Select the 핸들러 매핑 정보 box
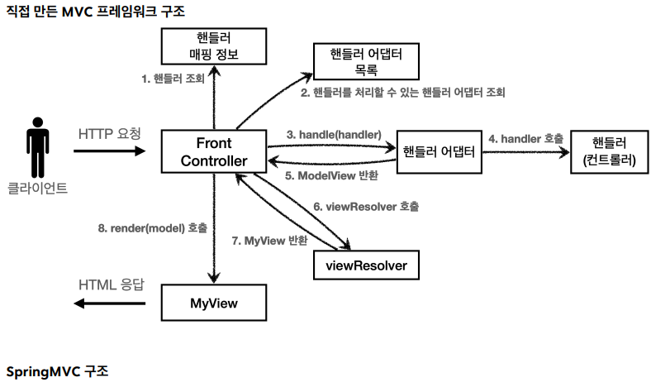214,46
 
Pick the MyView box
214,303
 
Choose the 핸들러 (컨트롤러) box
610,151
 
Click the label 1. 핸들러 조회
173,79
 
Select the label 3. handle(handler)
334,134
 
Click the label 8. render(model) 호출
153,227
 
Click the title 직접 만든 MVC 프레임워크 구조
96,12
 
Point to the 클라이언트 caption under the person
37,188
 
